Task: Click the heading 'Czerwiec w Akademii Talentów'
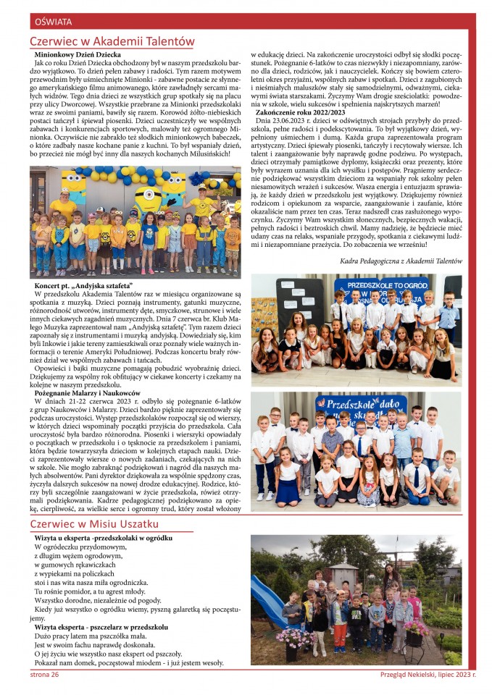(x=112, y=41)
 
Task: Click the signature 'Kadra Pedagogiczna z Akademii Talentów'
(x=400, y=260)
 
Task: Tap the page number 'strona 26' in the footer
(x=45, y=674)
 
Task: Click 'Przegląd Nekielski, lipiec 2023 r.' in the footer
(x=428, y=674)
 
